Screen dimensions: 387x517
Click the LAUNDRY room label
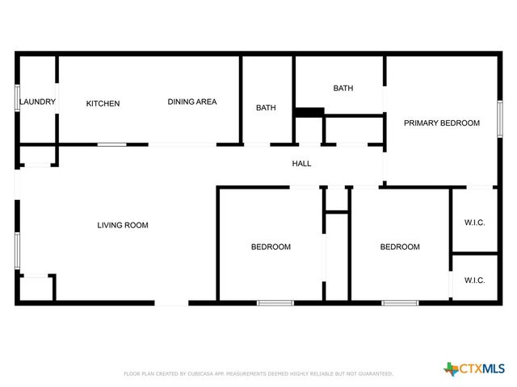(x=37, y=102)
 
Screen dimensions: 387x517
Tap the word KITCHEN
(x=103, y=103)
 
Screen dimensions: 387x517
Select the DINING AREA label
(x=192, y=102)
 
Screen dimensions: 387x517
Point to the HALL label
(x=301, y=164)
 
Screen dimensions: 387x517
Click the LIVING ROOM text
(x=123, y=226)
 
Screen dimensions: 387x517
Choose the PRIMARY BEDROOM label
(x=442, y=123)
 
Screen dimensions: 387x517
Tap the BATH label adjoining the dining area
(x=267, y=108)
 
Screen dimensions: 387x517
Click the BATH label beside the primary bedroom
(x=343, y=89)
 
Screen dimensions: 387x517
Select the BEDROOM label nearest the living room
(x=271, y=247)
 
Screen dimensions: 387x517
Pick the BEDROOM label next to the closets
(x=400, y=247)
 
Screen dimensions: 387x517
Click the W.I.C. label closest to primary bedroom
(x=474, y=223)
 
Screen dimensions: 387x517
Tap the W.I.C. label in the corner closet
(x=474, y=281)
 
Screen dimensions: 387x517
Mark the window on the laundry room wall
(x=17, y=98)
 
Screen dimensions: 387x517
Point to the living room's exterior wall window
(x=17, y=250)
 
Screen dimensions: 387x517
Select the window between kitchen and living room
(x=111, y=144)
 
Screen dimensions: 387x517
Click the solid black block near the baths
(x=309, y=112)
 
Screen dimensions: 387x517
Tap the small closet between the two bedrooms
(x=336, y=200)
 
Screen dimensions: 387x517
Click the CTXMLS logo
(x=475, y=369)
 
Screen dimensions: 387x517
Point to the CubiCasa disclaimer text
(x=258, y=374)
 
